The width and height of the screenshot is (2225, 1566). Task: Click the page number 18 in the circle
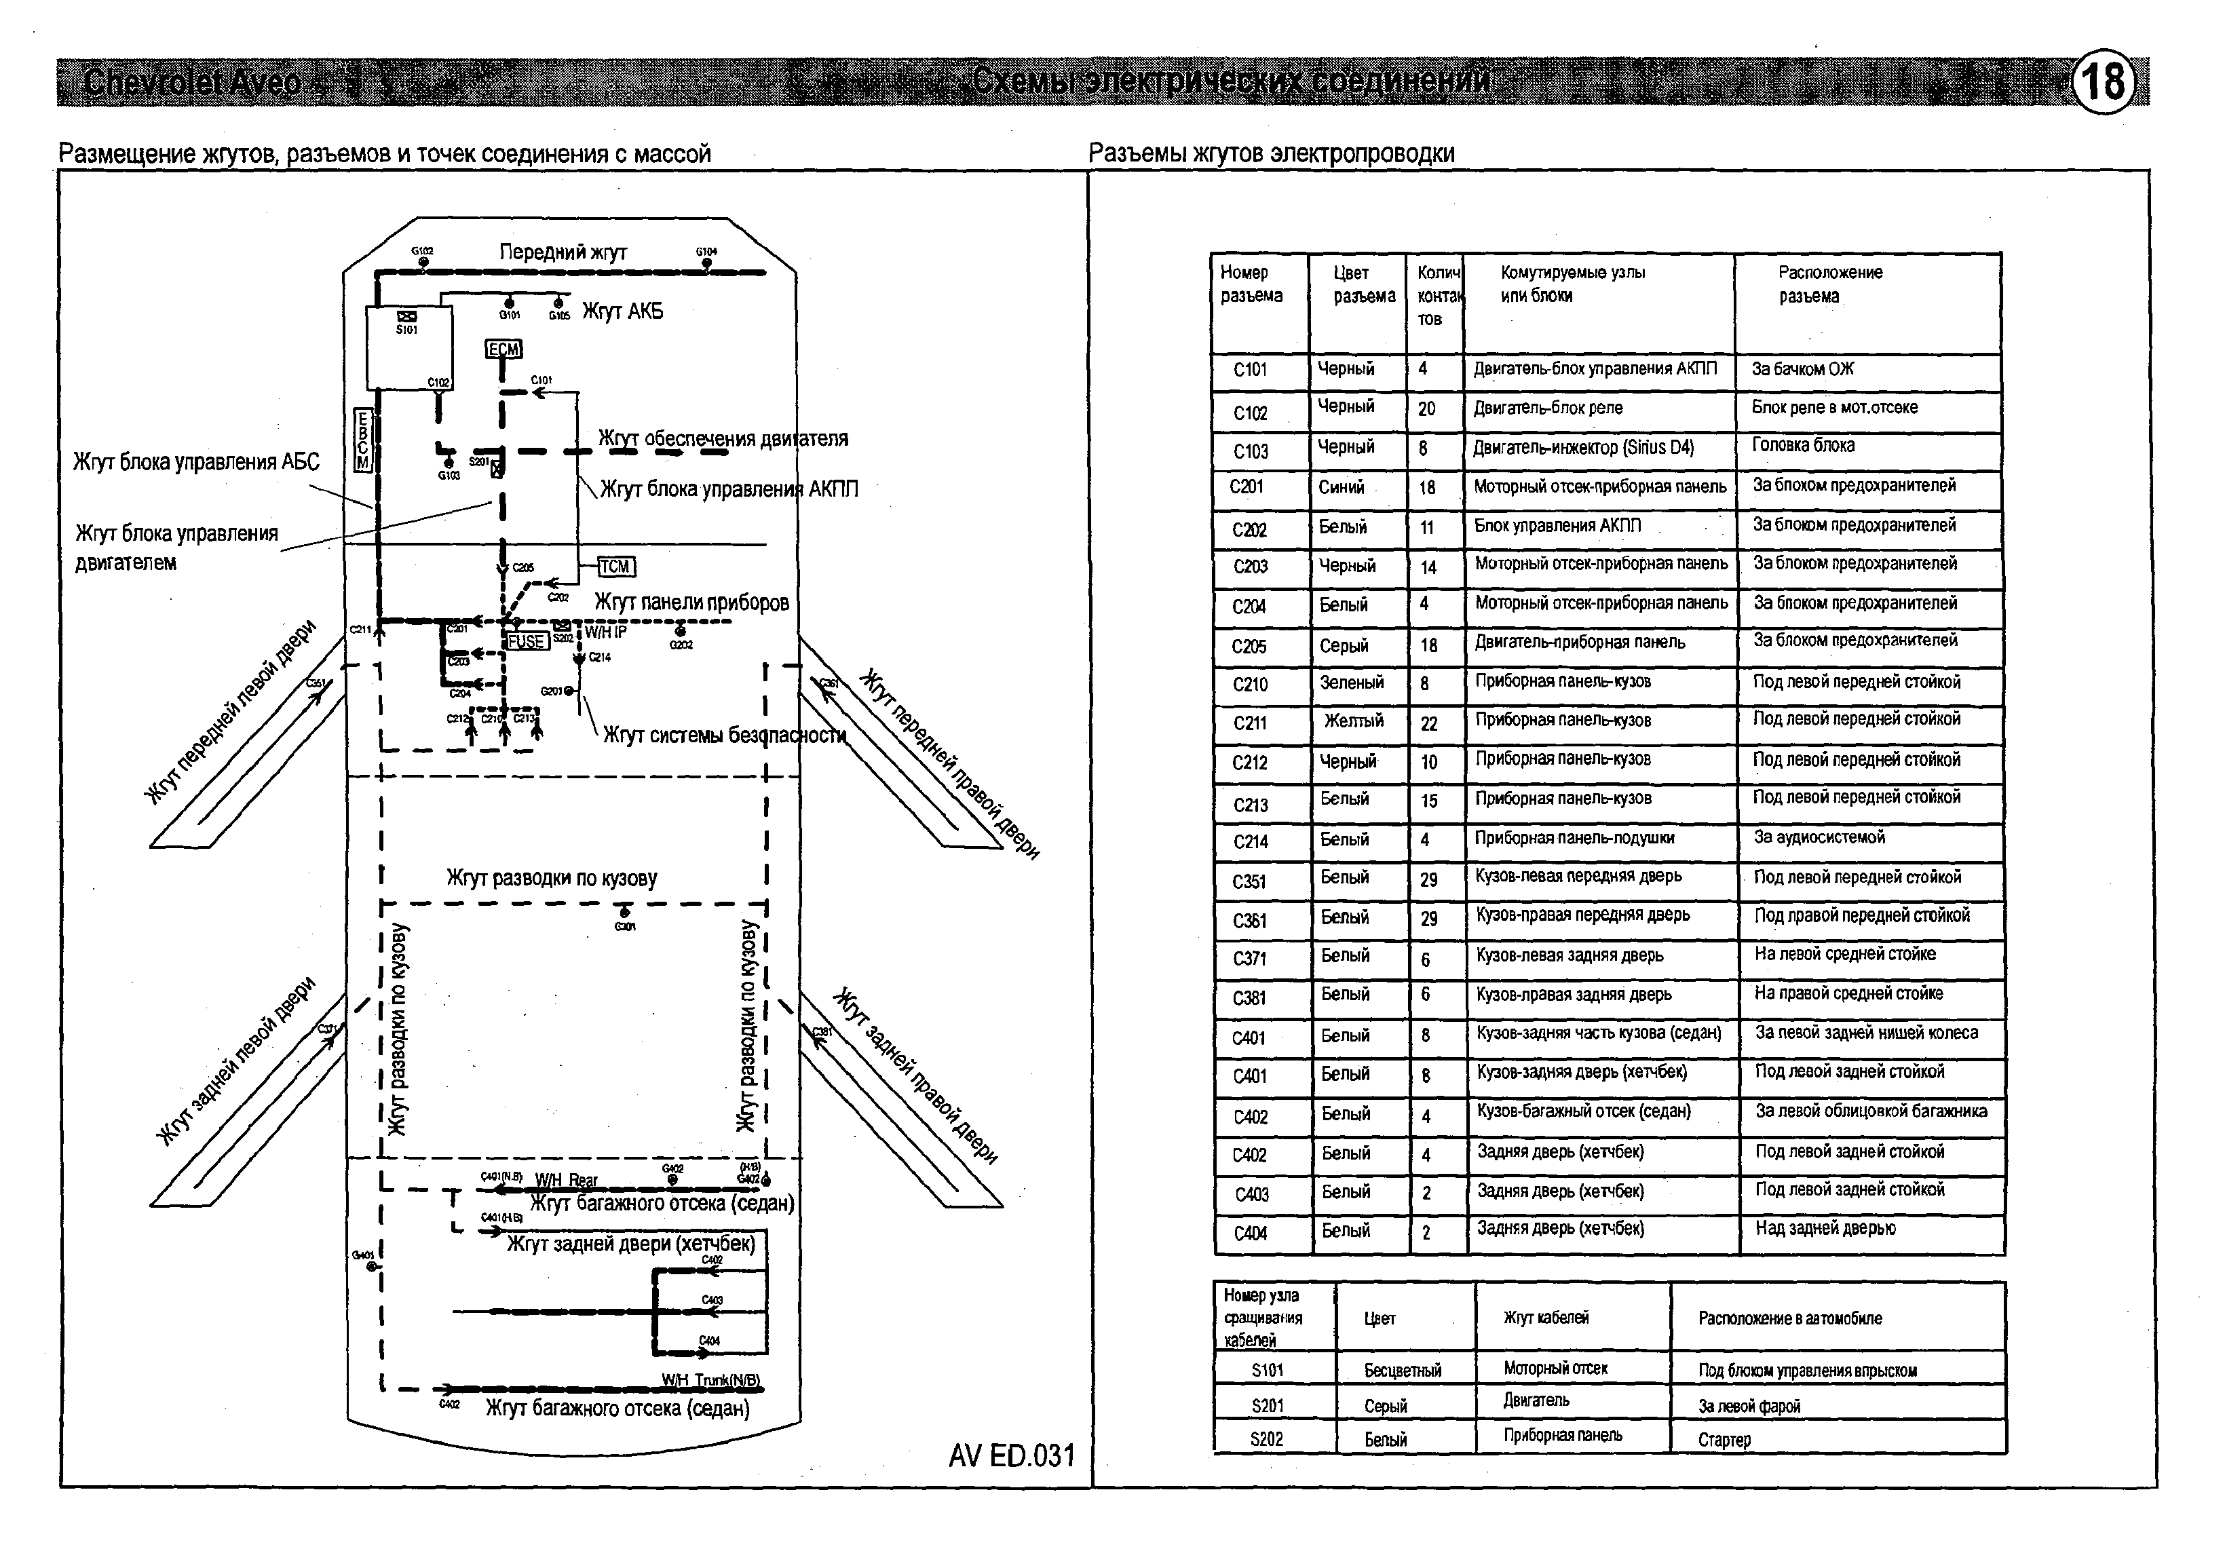tap(2104, 81)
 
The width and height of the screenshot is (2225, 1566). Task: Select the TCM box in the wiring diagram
tap(614, 567)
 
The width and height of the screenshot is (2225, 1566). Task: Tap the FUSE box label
tap(526, 641)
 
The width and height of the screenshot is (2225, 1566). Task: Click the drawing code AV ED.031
tap(1012, 1455)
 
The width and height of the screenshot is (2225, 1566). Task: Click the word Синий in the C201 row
tap(1342, 487)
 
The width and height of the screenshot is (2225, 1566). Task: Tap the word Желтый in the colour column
tap(1354, 721)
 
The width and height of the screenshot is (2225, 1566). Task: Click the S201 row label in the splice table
tap(1268, 1406)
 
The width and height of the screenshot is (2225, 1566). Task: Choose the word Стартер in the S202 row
tap(1724, 1440)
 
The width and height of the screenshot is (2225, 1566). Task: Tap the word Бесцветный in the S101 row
tap(1403, 1371)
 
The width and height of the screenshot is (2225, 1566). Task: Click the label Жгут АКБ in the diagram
tap(622, 312)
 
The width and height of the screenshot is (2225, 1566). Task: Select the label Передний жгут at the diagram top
tap(563, 252)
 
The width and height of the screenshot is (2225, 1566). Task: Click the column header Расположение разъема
tap(1829, 284)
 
